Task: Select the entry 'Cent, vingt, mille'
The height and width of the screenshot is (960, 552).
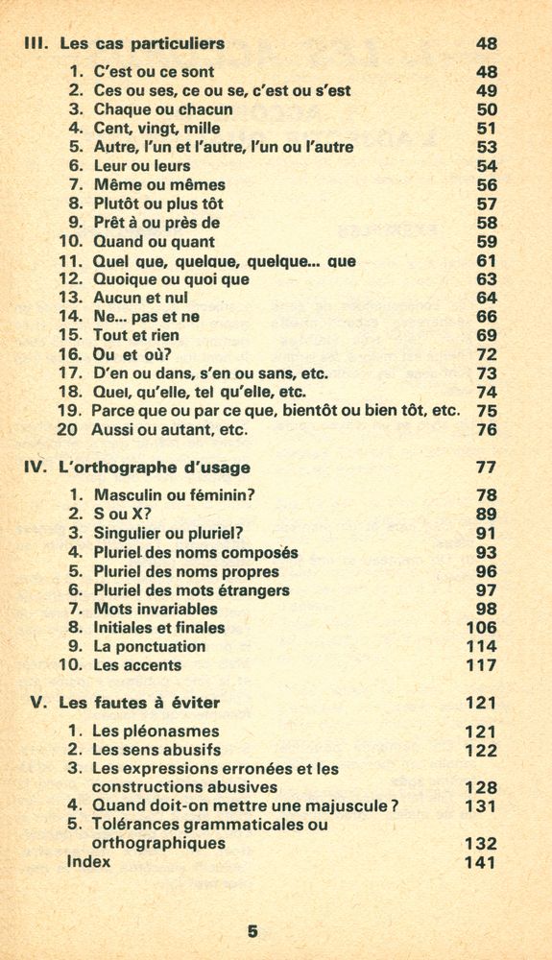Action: click(157, 128)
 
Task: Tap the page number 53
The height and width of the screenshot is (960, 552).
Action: click(487, 147)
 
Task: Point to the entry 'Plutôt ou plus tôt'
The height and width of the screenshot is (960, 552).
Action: click(160, 204)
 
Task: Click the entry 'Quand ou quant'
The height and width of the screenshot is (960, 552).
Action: click(154, 242)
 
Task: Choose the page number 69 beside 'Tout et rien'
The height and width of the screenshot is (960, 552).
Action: click(487, 336)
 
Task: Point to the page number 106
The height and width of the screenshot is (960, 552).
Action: click(482, 628)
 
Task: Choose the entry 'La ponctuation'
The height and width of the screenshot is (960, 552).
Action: click(150, 647)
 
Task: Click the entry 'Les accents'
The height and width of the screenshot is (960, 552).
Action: click(137, 665)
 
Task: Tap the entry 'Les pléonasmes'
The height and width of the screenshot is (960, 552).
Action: click(156, 732)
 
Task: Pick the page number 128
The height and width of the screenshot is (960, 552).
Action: click(481, 788)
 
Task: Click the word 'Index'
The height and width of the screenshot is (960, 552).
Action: click(88, 862)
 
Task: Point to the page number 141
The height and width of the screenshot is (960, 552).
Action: click(481, 863)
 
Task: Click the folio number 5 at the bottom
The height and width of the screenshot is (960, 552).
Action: click(252, 930)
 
